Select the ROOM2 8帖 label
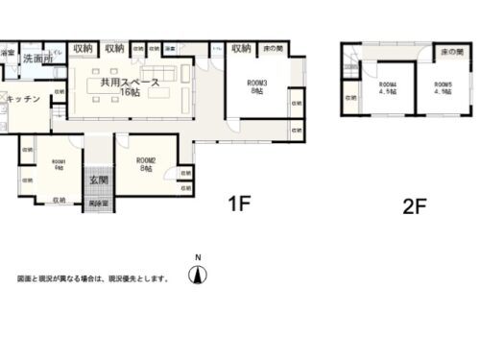click(x=146, y=163)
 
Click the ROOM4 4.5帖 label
click(x=387, y=89)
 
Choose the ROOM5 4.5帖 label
click(x=442, y=89)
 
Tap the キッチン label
click(x=22, y=99)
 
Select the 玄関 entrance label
click(x=98, y=180)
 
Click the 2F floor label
click(x=414, y=205)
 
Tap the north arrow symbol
click(x=198, y=276)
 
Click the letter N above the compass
click(x=198, y=257)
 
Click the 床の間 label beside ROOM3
click(x=273, y=48)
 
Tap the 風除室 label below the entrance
click(x=97, y=204)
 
